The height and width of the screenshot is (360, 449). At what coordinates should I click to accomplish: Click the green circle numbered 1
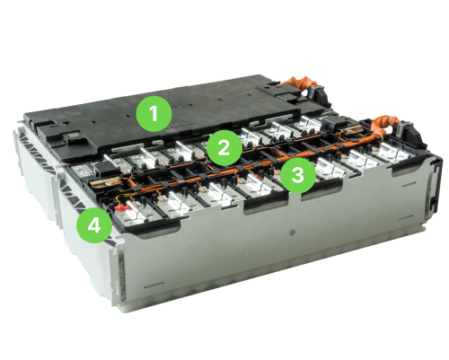pos(154,114)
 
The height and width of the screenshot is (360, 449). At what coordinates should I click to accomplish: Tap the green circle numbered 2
pos(224,148)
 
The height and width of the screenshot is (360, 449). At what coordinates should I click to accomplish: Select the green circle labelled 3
pos(298,175)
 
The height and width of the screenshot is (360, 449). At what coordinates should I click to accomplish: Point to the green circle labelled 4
pos(94,225)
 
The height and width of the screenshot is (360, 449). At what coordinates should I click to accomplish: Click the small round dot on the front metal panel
pos(293,233)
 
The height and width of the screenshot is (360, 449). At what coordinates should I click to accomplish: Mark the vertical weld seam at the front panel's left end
pos(122,277)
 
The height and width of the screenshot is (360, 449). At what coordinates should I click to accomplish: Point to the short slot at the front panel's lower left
pos(154,285)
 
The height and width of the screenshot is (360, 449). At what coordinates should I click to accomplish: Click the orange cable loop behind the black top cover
pos(299,83)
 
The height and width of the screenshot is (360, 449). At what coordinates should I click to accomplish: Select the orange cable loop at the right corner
pos(386,125)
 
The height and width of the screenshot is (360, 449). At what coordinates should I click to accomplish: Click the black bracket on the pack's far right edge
pos(436,186)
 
